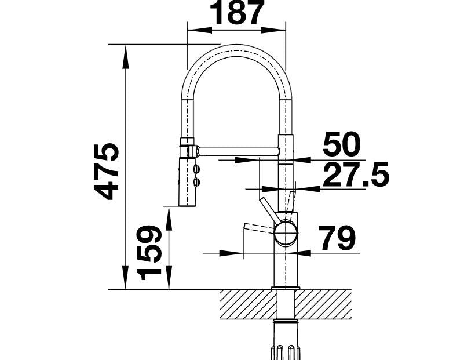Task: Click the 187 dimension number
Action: [237, 12]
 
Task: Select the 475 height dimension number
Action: [106, 172]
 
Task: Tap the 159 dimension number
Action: [149, 253]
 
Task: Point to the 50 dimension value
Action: [342, 144]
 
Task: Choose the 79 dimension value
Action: [337, 238]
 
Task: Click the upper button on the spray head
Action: [196, 169]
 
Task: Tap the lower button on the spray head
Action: [196, 181]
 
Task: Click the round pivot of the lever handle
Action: [286, 232]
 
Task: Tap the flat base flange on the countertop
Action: [286, 288]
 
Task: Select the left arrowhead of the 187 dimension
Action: [200, 30]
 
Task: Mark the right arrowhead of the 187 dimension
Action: [273, 30]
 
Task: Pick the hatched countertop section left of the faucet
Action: [249, 304]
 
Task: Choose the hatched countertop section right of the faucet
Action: [323, 304]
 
